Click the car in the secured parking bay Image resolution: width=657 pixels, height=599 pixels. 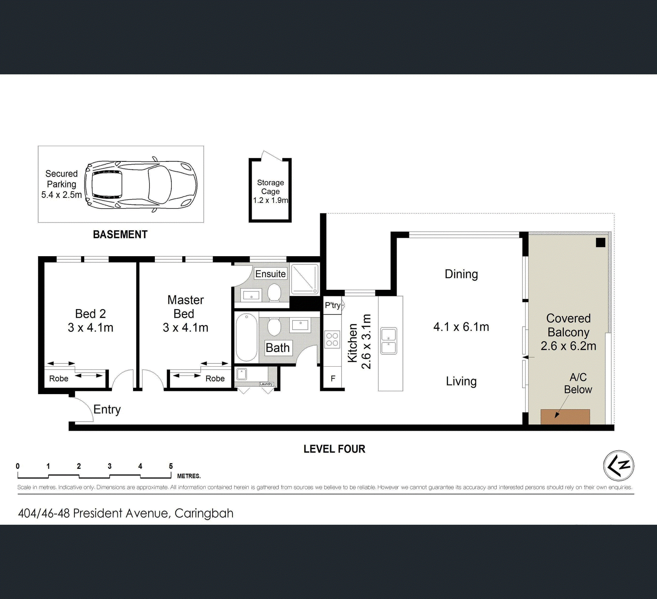tap(141, 184)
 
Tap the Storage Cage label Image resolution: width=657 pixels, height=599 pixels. tap(271, 187)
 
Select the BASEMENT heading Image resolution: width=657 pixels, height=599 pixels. tap(120, 234)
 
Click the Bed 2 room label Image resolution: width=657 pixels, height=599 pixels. tap(90, 314)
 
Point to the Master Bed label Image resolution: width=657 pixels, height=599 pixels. tap(185, 307)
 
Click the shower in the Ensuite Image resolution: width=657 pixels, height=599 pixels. tap(305, 279)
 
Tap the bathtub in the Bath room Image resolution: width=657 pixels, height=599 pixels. tap(246, 338)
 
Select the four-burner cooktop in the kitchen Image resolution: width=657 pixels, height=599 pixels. tap(332, 340)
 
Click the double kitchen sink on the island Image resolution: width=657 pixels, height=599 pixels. tap(388, 341)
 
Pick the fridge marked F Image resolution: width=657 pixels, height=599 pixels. tap(333, 378)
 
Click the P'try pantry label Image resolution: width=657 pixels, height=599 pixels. tap(333, 305)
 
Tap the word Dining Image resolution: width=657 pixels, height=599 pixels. tap(461, 274)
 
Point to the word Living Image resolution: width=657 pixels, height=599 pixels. tap(461, 381)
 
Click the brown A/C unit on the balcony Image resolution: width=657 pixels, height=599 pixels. tap(565, 417)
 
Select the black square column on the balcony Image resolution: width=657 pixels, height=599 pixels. tap(600, 243)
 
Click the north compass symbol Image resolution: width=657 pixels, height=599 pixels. tap(618, 466)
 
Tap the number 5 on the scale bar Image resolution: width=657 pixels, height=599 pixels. tap(171, 466)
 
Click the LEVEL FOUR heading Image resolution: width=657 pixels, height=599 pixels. tap(334, 449)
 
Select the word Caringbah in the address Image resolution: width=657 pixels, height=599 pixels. tap(204, 513)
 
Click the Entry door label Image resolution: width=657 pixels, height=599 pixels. tap(107, 409)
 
